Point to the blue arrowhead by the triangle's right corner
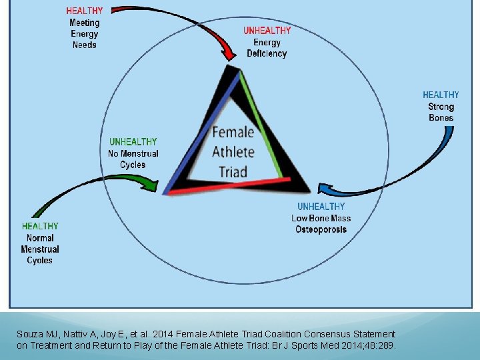click(x=325, y=189)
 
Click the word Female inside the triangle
click(x=233, y=132)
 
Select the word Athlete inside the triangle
click(x=233, y=151)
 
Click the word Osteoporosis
click(x=321, y=229)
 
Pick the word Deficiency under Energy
click(x=267, y=54)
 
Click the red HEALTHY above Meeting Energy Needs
click(x=84, y=11)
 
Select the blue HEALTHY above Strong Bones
click(x=441, y=95)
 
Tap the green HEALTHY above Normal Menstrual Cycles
click(x=40, y=227)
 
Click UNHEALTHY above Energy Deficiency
click(x=267, y=31)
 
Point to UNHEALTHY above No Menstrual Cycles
click(x=133, y=142)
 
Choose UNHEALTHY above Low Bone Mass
click(x=321, y=207)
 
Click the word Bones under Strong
click(x=441, y=118)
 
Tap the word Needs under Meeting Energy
click(x=85, y=45)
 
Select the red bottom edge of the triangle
click(x=230, y=186)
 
